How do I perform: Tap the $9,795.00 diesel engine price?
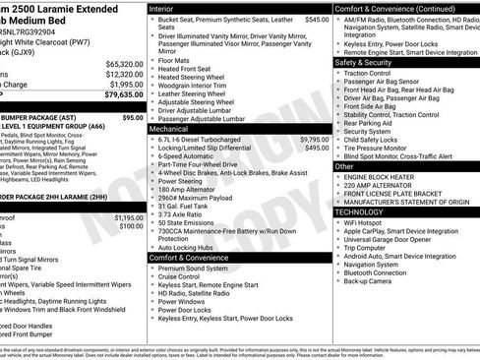pyautogui.click(x=311, y=139)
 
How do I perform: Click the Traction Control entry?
pyautogui.click(x=370, y=73)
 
